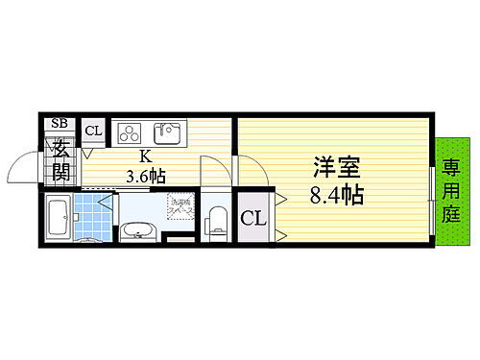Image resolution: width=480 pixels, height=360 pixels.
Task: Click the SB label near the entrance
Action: tap(60, 123)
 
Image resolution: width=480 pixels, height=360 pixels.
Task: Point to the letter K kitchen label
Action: tap(145, 156)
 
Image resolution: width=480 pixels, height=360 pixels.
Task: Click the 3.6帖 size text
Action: tap(146, 176)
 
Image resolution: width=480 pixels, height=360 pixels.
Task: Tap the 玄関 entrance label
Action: tap(60, 161)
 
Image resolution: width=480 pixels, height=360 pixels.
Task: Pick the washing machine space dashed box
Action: tap(180, 206)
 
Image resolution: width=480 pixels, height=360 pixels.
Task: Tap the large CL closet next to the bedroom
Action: tap(252, 218)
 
